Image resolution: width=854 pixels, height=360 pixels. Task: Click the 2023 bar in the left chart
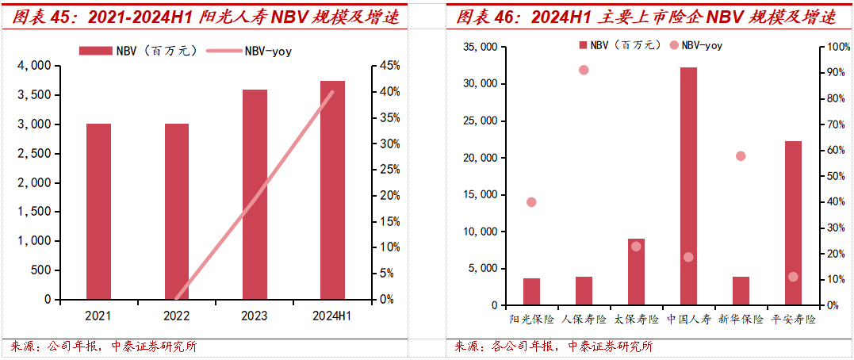coord(255,194)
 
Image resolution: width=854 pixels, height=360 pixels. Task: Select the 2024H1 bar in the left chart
coord(332,190)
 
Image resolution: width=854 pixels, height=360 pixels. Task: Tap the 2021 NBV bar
coord(98,212)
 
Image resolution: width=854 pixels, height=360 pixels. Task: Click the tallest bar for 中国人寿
coord(687,186)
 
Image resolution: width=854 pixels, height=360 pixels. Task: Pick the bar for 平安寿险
coord(793,223)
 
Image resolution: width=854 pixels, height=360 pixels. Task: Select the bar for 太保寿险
coord(636,272)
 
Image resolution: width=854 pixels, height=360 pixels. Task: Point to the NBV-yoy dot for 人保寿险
coord(584,70)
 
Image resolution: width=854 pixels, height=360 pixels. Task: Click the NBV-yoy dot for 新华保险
coord(741,156)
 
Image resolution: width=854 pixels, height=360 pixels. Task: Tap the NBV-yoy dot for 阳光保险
coord(531,202)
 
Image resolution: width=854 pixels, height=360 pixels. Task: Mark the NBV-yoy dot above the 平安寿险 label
coord(793,277)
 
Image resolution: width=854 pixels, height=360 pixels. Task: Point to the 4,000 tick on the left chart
coord(34,66)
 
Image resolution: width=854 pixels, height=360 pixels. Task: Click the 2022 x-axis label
coord(176,315)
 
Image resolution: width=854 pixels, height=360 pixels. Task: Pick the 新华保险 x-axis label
coord(741,320)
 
